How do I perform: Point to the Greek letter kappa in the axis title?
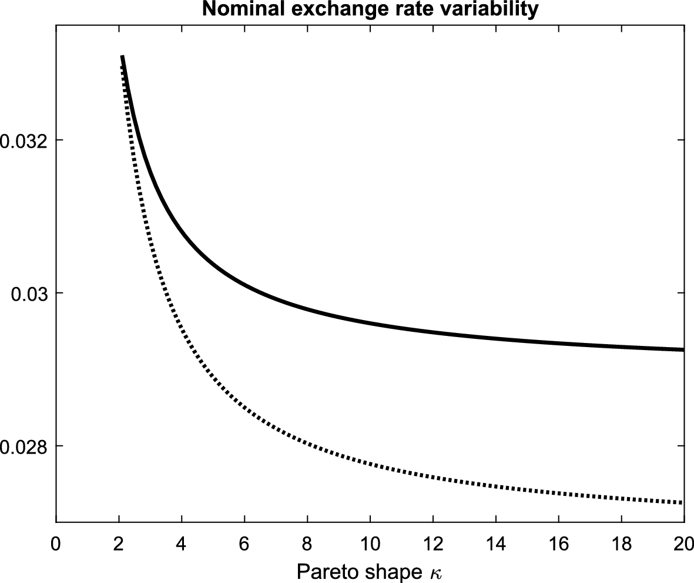click(x=435, y=571)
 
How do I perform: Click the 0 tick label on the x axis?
click(x=56, y=542)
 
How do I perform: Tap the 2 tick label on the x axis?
click(x=119, y=542)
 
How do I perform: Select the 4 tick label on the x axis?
click(x=182, y=542)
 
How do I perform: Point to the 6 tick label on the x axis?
click(x=244, y=542)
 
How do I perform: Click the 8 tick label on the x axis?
click(x=307, y=542)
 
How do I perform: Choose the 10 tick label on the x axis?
click(x=370, y=542)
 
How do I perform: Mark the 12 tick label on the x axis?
click(x=433, y=542)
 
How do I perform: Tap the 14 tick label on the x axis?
click(x=496, y=542)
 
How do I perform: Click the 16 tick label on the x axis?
click(x=559, y=542)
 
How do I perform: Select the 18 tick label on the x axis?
click(x=622, y=542)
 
